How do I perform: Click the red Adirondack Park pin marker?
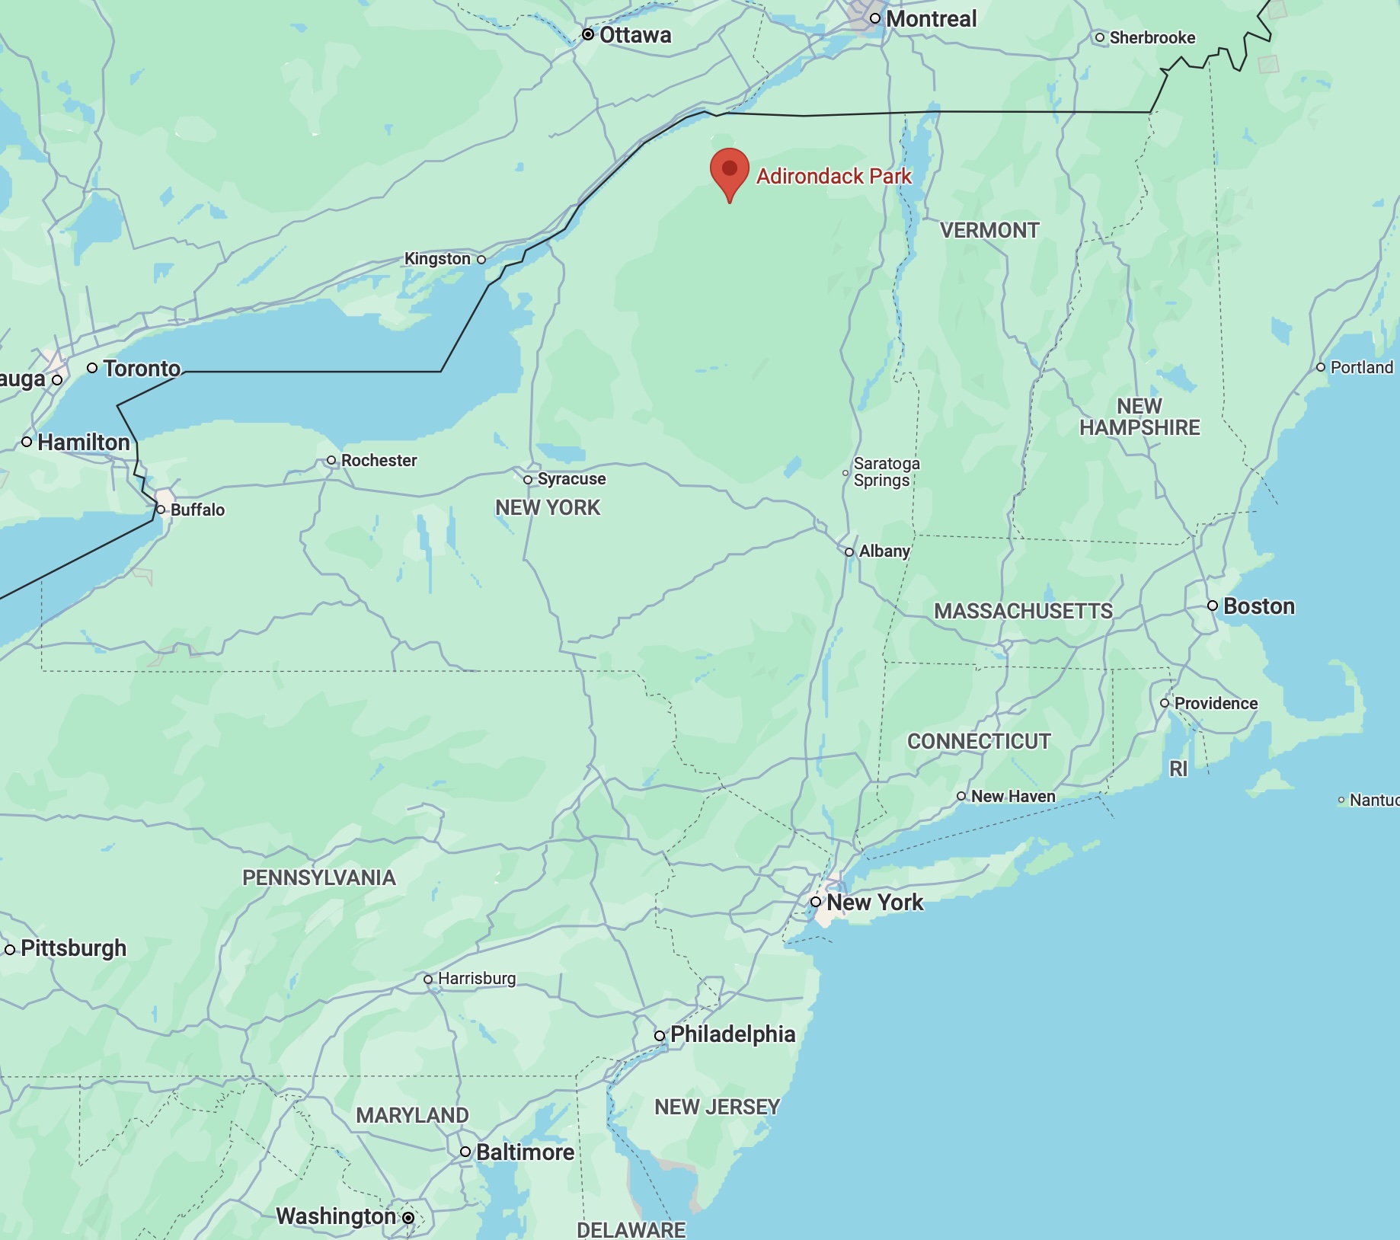[x=729, y=172]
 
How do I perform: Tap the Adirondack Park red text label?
[x=833, y=177]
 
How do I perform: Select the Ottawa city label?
[x=635, y=35]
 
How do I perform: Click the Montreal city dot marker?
[x=875, y=18]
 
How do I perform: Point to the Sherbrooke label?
[x=1152, y=37]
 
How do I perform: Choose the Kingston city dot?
[x=481, y=260]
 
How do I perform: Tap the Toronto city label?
[x=142, y=369]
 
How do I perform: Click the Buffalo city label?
[x=197, y=510]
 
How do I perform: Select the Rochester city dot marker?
[x=331, y=460]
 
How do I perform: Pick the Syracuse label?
[x=571, y=479]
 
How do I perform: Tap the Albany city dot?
[x=849, y=552]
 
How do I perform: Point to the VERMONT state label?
[x=989, y=230]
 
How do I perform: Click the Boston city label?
[x=1258, y=606]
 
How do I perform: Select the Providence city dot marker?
[x=1165, y=703]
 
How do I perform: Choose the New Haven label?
[x=1012, y=796]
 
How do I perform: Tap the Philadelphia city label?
[x=732, y=1034]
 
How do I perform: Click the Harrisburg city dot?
[x=428, y=980]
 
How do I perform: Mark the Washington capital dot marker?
[x=408, y=1218]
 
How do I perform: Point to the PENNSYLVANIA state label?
[x=318, y=877]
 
